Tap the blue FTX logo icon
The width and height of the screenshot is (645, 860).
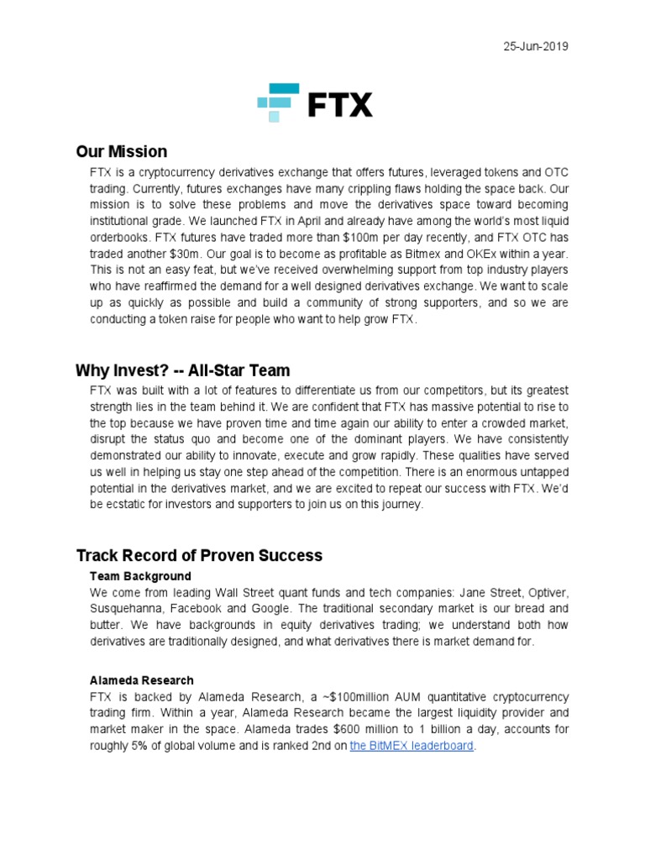pyautogui.click(x=278, y=102)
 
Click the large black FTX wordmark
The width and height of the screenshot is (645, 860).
pyautogui.click(x=340, y=105)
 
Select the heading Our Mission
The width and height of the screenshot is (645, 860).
pyautogui.click(x=122, y=152)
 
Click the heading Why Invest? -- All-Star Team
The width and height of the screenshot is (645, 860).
pyautogui.click(x=182, y=370)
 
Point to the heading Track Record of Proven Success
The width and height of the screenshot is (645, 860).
pyautogui.click(x=199, y=556)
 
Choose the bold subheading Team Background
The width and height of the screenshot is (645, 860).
pyautogui.click(x=140, y=576)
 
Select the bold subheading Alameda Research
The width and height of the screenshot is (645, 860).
pyautogui.click(x=142, y=680)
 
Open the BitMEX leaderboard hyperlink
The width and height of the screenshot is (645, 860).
pyautogui.click(x=412, y=745)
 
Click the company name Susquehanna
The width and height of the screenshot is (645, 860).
pyautogui.click(x=127, y=609)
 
